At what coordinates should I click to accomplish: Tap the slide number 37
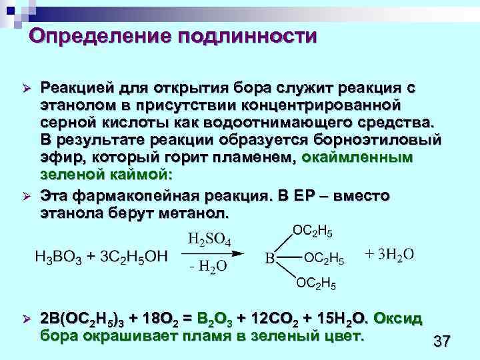pyautogui.click(x=441, y=342)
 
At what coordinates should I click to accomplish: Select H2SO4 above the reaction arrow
pyautogui.click(x=209, y=239)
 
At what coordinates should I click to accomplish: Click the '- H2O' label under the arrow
pyautogui.click(x=207, y=266)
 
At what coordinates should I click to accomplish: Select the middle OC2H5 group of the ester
pyautogui.click(x=324, y=258)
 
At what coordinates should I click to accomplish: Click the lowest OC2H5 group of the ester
pyautogui.click(x=316, y=285)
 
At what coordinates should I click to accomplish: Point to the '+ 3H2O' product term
pyautogui.click(x=390, y=254)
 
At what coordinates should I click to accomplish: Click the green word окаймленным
pyautogui.click(x=357, y=158)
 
